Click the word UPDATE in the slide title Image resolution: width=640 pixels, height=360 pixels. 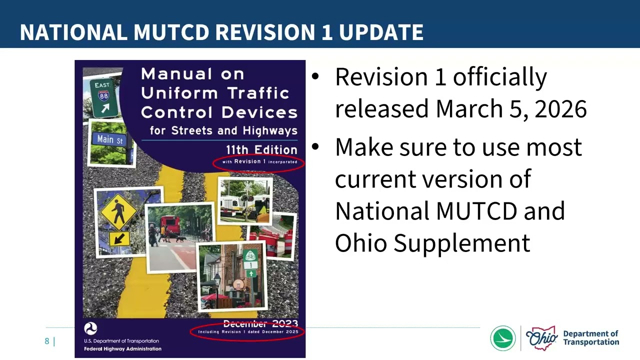(381, 32)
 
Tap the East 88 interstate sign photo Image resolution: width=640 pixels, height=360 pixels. (104, 96)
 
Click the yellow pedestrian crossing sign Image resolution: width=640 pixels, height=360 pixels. (118, 212)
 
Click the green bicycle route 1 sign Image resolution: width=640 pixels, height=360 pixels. (250, 262)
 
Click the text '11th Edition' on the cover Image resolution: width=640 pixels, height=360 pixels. (261, 149)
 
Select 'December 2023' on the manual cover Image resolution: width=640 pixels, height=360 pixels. (260, 323)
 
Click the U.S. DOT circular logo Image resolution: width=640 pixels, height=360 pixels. (90, 328)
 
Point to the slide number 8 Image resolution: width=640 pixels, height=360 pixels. (47, 341)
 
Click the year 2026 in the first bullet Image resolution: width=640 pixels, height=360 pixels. (560, 108)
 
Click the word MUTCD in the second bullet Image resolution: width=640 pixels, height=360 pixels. (476, 210)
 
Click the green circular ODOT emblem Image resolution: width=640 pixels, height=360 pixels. (503, 338)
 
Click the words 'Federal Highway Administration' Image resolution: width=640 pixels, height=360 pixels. (122, 348)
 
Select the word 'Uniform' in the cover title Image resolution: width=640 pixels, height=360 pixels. (179, 93)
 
